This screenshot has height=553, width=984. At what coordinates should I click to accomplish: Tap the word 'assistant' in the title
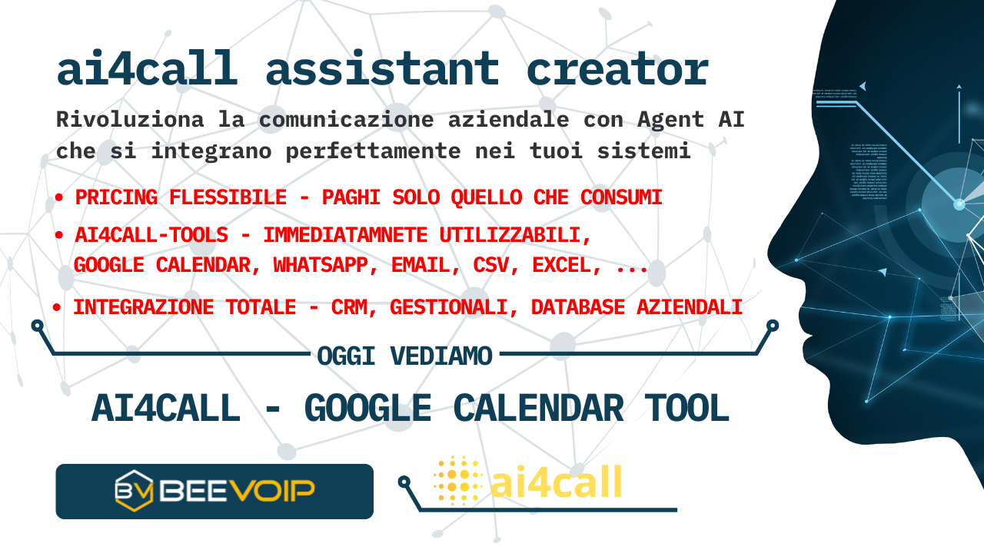[382, 68]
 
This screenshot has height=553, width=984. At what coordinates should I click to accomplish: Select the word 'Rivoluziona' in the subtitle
[130, 119]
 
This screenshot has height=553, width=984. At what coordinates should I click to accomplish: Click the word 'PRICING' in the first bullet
[116, 197]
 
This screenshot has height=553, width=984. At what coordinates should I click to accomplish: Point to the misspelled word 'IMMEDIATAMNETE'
[345, 235]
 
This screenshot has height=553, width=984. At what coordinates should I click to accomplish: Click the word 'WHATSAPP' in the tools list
[321, 265]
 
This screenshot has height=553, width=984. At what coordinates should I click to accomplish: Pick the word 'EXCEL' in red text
[567, 265]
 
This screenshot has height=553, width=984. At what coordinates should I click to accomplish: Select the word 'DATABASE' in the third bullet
[577, 307]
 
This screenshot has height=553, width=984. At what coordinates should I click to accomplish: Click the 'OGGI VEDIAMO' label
[404, 356]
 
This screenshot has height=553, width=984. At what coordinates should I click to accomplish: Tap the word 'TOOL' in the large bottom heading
[686, 408]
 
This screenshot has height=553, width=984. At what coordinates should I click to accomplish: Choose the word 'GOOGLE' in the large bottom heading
[368, 408]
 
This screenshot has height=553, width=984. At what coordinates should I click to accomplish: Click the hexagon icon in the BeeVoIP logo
[134, 491]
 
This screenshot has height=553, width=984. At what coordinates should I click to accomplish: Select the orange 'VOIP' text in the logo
[273, 490]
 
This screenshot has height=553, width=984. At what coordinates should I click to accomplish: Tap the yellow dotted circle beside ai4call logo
[457, 480]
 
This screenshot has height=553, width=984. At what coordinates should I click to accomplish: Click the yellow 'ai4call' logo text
[556, 482]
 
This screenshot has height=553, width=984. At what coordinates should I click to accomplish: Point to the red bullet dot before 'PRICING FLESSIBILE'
[59, 198]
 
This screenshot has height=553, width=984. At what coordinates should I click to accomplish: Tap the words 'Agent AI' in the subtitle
[690, 119]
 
